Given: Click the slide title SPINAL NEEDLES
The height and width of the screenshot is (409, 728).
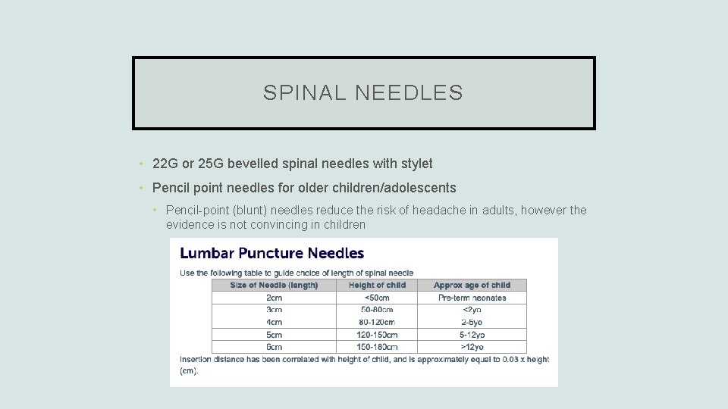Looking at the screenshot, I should click(363, 93).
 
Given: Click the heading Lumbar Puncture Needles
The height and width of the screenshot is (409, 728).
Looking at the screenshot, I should click(271, 254).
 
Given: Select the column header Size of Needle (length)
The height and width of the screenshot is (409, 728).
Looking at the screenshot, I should click(274, 286).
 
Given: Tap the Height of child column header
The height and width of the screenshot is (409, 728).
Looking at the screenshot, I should click(377, 286).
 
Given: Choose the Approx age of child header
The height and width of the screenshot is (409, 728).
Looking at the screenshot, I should click(472, 286).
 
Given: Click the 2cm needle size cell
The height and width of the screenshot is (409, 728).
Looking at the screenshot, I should click(274, 298).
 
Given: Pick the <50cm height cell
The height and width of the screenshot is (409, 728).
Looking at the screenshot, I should click(377, 298).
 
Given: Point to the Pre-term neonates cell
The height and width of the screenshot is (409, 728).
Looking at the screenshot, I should click(472, 298).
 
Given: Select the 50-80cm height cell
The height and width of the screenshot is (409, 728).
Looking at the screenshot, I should click(377, 310).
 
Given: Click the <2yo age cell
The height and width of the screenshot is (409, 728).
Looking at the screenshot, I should click(472, 310).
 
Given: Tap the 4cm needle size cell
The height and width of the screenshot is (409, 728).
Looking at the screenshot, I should click(274, 322).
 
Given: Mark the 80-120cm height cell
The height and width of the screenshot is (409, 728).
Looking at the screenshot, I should click(377, 322).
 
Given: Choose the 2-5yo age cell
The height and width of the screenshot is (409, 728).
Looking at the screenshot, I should click(472, 322).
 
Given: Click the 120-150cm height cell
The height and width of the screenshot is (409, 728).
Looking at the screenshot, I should click(377, 335).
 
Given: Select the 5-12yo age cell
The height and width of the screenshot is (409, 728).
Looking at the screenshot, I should click(472, 335).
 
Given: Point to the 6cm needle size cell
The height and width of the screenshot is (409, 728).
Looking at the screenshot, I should click(274, 347).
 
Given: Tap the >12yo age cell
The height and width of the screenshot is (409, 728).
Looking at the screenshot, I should click(472, 347).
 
